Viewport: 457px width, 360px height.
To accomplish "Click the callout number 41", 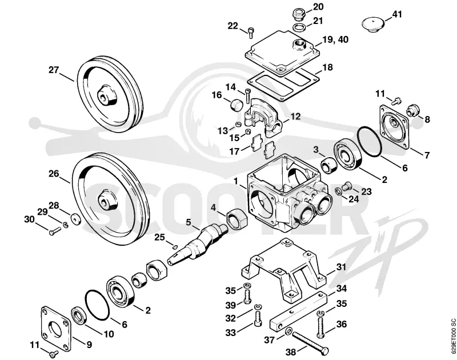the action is (x=396, y=14).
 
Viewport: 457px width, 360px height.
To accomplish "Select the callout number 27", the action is (x=54, y=70).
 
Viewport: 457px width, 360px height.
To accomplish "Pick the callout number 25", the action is (x=160, y=237).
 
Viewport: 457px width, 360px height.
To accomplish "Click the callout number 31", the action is (x=340, y=267).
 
